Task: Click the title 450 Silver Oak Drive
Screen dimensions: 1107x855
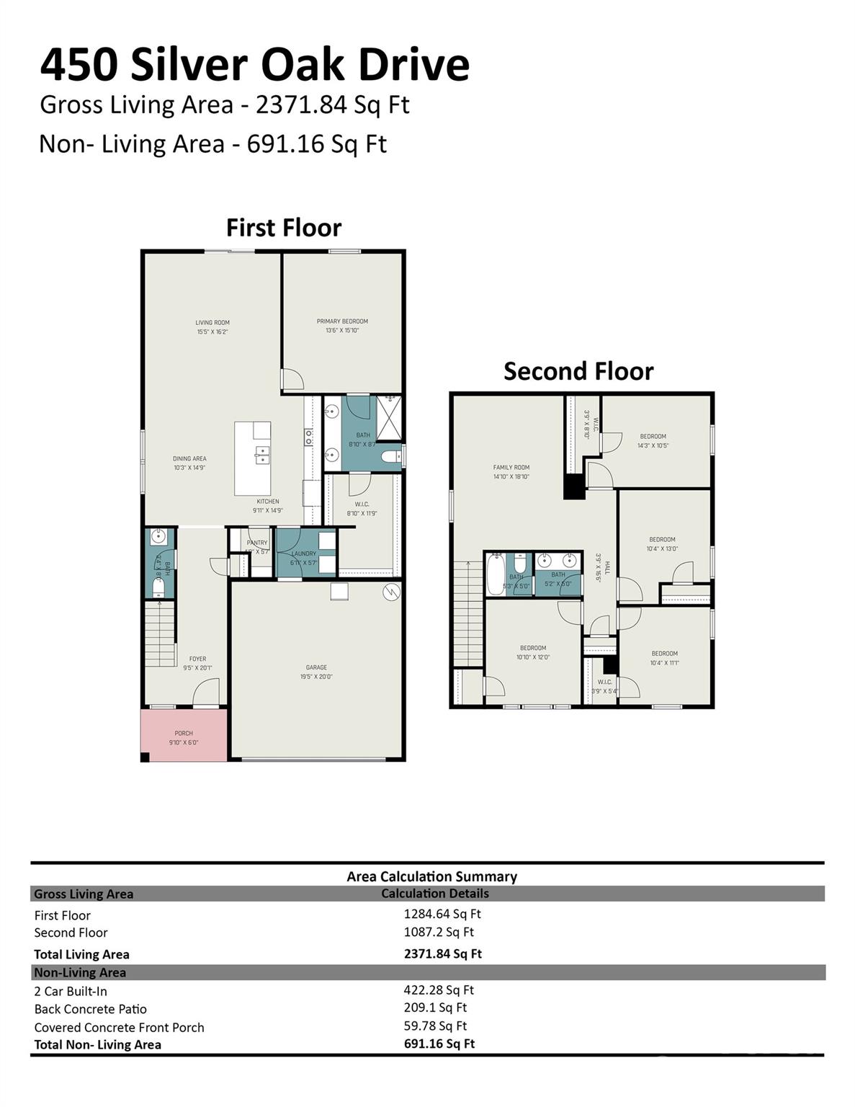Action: click(x=254, y=65)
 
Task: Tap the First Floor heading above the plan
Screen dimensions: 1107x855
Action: click(x=283, y=228)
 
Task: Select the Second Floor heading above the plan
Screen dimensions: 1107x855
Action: click(x=578, y=371)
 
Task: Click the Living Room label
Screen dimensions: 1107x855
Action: click(x=212, y=327)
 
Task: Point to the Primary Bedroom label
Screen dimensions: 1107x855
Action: click(x=342, y=326)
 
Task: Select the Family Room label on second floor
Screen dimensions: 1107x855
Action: click(x=511, y=471)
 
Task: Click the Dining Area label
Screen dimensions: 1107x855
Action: click(x=189, y=463)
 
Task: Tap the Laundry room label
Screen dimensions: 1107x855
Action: click(x=304, y=558)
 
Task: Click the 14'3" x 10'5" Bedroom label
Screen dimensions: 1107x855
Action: click(x=653, y=440)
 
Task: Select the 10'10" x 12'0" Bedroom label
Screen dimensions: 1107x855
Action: click(x=533, y=652)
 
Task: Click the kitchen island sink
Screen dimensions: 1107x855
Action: click(x=261, y=455)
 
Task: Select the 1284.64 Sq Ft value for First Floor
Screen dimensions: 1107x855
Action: click(x=442, y=914)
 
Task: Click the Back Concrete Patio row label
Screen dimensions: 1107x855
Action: click(x=91, y=1009)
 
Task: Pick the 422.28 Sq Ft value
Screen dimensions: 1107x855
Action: click(x=438, y=990)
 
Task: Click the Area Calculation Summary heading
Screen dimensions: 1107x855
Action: click(x=431, y=876)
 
